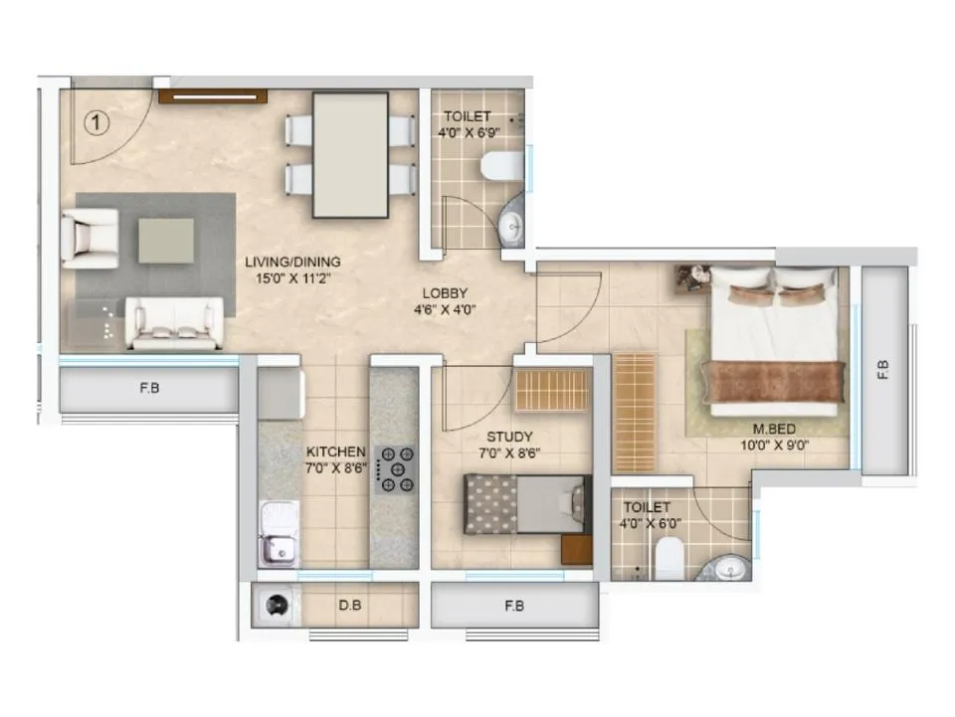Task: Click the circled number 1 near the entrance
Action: point(96,123)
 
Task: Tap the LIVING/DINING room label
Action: point(292,263)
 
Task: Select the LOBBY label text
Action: point(445,293)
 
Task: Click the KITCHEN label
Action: point(335,452)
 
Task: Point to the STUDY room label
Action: point(509,437)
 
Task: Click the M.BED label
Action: point(774,429)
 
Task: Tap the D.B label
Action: point(350,606)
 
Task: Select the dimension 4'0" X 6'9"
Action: point(469,132)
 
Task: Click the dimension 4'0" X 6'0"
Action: point(650,523)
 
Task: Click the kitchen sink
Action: point(279,533)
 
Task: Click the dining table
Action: point(350,155)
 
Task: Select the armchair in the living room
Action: point(90,239)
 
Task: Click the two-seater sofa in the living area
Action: point(174,323)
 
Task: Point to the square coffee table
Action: point(166,241)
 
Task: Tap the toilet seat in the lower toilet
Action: point(669,559)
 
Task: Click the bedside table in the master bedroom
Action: point(693,278)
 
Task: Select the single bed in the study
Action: point(527,504)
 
